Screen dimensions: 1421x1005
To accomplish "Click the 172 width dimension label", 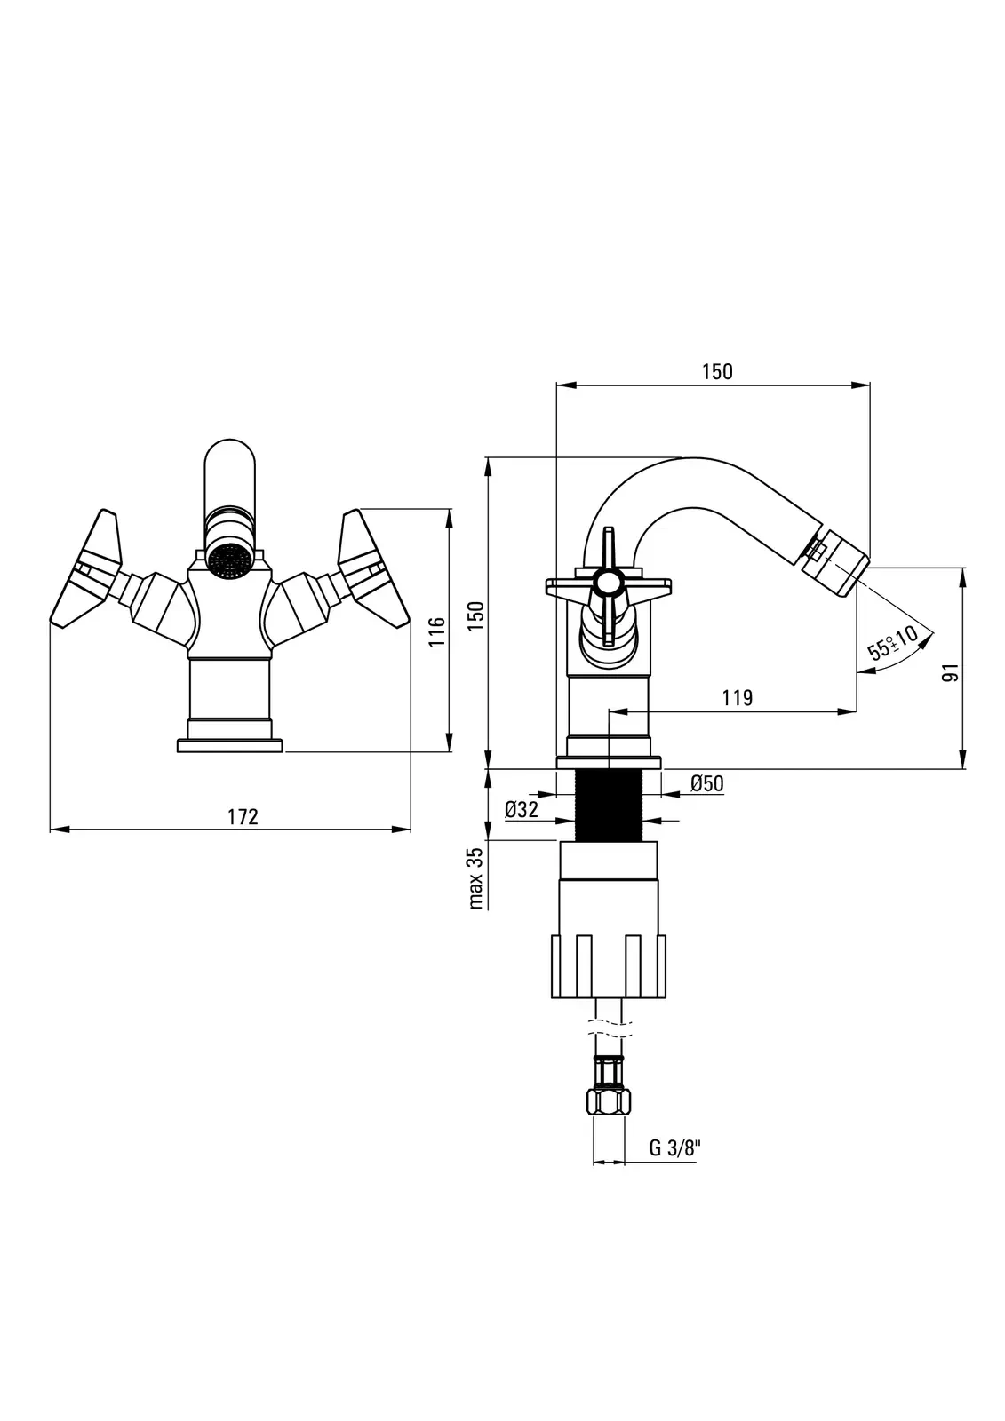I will click(x=243, y=816).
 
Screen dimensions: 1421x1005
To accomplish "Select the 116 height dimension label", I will click(x=436, y=632).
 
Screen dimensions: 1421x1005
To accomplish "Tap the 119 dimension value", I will click(x=738, y=698).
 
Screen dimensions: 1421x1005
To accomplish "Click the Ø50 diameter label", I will click(x=707, y=783).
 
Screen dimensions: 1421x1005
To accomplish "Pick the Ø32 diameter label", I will click(x=522, y=810).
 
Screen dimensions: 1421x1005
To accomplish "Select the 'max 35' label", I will click(x=475, y=877).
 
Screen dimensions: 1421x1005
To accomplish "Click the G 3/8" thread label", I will click(x=674, y=1147).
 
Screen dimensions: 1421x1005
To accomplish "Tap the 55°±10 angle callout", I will click(x=893, y=641).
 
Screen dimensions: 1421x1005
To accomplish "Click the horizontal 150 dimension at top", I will click(x=717, y=372).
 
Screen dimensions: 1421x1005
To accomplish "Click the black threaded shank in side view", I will click(x=609, y=806).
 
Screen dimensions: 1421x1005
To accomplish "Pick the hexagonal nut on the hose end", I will click(x=609, y=1102).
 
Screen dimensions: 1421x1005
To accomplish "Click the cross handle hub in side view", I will click(x=609, y=583).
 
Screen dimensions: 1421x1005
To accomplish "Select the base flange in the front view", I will click(x=230, y=745).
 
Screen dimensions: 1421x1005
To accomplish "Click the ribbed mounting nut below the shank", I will click(x=609, y=966).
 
